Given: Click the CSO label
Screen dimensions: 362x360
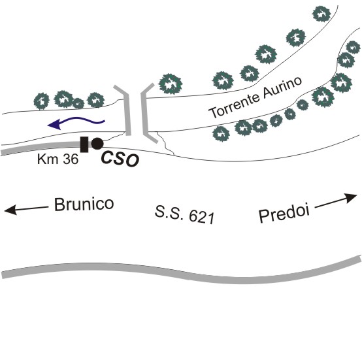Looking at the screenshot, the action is point(120,159).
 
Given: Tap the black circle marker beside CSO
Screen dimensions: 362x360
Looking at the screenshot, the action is point(97,144).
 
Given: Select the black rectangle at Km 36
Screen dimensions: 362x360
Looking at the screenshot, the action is point(84,144).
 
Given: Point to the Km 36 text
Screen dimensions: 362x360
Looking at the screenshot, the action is point(58,159).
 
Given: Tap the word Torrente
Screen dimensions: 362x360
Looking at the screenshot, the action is point(234,106).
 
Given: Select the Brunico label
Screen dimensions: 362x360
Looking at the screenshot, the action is point(84,205).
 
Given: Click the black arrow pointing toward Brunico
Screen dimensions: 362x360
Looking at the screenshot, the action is point(26,209).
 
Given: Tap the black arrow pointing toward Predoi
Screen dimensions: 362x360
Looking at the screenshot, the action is point(336,201).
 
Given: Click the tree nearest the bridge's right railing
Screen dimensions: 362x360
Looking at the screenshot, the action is point(171,84).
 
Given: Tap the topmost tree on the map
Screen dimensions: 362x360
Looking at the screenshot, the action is point(321,14).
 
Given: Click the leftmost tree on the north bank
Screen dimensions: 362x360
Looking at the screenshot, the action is point(42,101).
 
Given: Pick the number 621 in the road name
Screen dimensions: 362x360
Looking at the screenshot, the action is point(202,218).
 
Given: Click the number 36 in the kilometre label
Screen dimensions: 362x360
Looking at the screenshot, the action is point(71,159).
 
